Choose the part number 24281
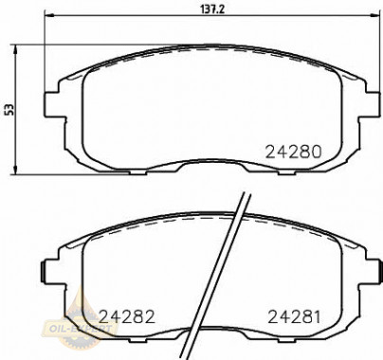point(296,316)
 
